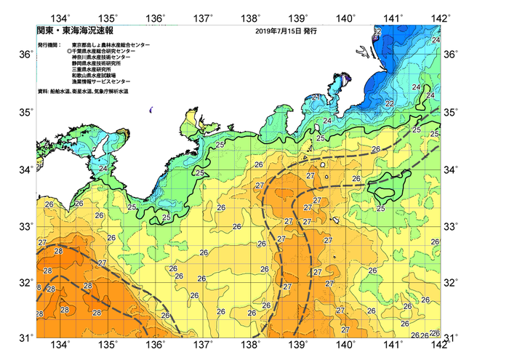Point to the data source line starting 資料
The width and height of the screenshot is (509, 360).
pos(87,91)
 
